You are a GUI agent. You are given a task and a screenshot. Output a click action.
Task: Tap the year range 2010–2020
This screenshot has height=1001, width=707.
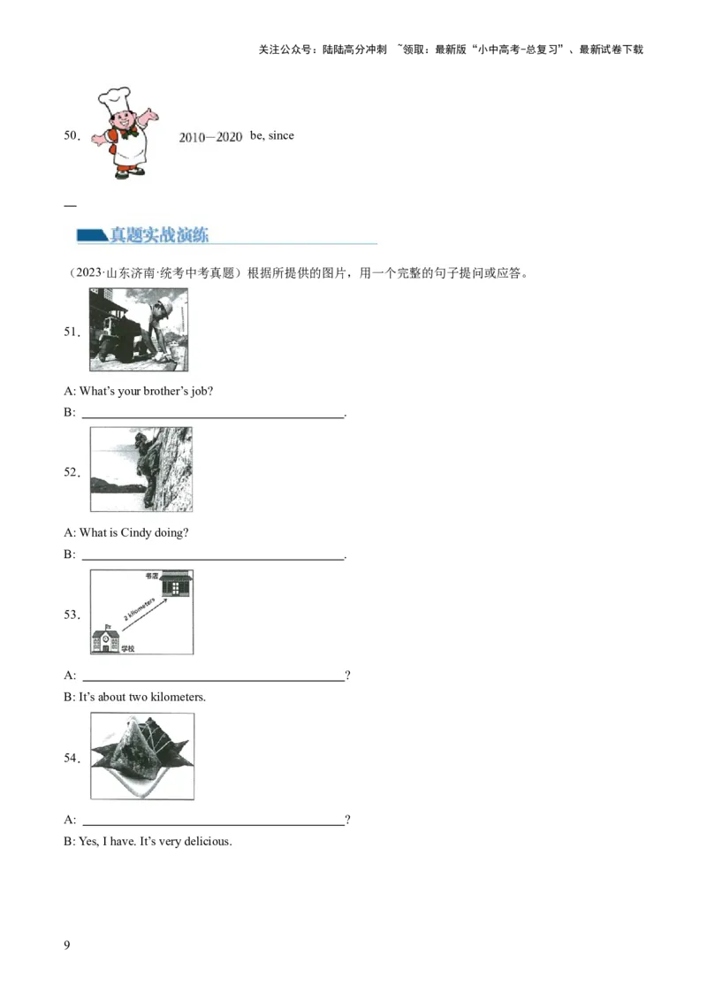[x=210, y=136]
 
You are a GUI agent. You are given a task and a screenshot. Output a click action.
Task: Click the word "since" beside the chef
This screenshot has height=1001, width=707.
[x=281, y=135]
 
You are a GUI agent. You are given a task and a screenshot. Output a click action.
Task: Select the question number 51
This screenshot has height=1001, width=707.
[x=72, y=332]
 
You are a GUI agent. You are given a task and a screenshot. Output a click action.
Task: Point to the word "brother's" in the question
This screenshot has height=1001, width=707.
[x=166, y=391]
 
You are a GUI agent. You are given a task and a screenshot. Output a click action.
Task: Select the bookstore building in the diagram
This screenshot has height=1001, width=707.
[x=176, y=584]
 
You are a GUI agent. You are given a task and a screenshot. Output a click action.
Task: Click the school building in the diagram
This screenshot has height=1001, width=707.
[x=105, y=640]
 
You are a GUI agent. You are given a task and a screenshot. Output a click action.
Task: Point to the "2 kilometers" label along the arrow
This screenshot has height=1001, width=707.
[x=139, y=609]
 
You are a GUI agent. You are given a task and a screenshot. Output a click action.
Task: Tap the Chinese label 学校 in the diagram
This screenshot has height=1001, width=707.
[x=127, y=648]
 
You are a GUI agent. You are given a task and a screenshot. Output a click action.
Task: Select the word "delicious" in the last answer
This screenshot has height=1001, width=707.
[x=207, y=842]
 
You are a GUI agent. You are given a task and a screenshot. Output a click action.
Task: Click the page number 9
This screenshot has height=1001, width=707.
[x=67, y=944]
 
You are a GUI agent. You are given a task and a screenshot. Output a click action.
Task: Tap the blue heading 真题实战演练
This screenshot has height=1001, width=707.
[x=159, y=235]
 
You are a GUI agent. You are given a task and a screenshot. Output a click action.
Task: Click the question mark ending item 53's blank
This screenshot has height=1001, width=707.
[x=348, y=675]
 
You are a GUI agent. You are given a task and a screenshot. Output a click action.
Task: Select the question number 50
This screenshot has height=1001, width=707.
[x=72, y=134]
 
